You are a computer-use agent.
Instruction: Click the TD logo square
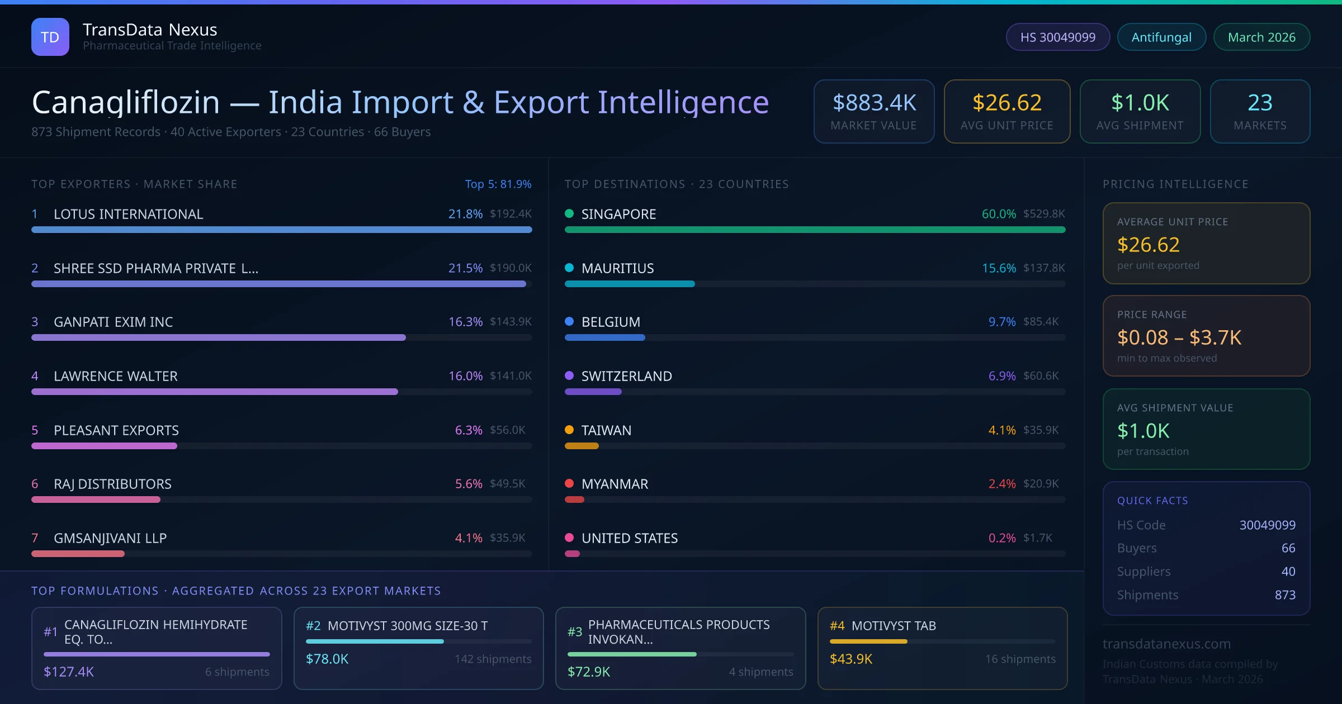[50, 37]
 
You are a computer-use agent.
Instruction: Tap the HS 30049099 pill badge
[1057, 37]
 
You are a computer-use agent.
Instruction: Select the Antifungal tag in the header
[1161, 37]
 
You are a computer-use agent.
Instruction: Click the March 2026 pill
[1261, 37]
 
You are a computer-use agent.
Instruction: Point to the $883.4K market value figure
[874, 103]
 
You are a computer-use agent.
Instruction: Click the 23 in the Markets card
[1260, 103]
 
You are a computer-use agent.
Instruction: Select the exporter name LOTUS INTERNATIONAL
[128, 214]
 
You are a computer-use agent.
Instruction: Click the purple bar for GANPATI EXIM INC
[218, 337]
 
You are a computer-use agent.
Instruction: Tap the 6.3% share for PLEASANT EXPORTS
[468, 430]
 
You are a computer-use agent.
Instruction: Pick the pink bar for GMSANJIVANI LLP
[78, 554]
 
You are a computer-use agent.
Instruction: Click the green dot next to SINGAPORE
[569, 213]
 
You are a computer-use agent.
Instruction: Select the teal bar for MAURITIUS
[629, 284]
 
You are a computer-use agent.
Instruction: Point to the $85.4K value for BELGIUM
[1040, 322]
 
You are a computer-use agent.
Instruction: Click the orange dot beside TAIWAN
[569, 430]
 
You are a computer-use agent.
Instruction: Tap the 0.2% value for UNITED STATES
[1001, 538]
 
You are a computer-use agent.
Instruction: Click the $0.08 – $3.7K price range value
[1179, 337]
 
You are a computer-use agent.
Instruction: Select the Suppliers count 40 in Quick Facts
[1288, 572]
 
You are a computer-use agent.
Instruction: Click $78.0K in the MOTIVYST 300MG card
[327, 659]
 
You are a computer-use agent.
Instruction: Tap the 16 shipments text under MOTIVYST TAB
[1020, 659]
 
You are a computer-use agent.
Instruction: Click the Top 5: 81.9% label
[498, 184]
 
